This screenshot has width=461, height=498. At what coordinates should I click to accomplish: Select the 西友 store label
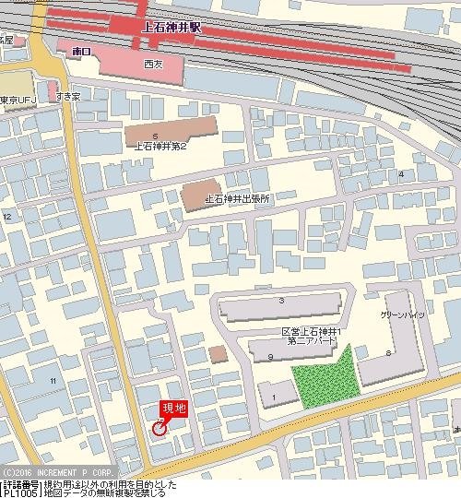[x=153, y=65]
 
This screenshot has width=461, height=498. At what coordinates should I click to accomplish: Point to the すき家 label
[x=69, y=96]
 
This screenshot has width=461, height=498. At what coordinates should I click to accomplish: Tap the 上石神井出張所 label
[x=237, y=198]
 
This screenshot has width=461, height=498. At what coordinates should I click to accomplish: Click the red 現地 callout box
[x=174, y=408]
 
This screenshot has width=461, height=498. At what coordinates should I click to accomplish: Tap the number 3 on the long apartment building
[x=280, y=302]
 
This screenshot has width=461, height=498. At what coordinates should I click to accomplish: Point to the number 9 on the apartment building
[x=270, y=356]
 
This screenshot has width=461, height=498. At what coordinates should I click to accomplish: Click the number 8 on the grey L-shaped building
[x=389, y=353]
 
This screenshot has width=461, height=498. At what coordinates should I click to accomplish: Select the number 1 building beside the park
[x=274, y=397]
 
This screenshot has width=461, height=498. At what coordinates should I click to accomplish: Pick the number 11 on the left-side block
[x=53, y=380]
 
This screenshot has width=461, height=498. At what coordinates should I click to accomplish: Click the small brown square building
[x=218, y=354]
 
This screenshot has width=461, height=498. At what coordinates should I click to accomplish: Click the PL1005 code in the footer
[x=19, y=492]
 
